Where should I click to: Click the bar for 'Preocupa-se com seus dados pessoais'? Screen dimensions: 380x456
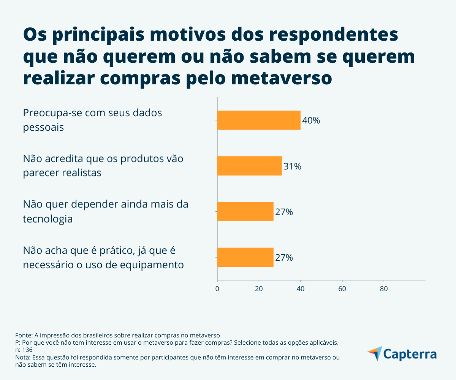pyautogui.click(x=258, y=120)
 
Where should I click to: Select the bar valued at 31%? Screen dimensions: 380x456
pyautogui.click(x=249, y=166)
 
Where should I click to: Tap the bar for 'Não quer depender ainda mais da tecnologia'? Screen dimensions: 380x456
pyautogui.click(x=245, y=211)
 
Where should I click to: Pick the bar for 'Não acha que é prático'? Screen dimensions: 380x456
pyautogui.click(x=245, y=257)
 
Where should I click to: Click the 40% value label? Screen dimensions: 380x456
pyautogui.click(x=311, y=120)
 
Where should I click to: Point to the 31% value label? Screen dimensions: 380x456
pyautogui.click(x=292, y=166)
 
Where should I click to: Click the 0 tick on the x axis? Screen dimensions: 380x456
pyautogui.click(x=217, y=288)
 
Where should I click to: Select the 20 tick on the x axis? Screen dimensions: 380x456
pyautogui.click(x=259, y=288)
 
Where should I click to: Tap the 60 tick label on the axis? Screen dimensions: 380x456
pyautogui.click(x=342, y=288)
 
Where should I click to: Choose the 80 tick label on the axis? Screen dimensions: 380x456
pyautogui.click(x=384, y=288)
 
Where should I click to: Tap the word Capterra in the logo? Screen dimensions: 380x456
pyautogui.click(x=410, y=354)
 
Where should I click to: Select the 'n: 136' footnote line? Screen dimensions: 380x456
pyautogui.click(x=24, y=350)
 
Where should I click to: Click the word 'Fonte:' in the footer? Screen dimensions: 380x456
pyautogui.click(x=24, y=335)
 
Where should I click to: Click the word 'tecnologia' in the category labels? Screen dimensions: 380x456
pyautogui.click(x=48, y=219)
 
